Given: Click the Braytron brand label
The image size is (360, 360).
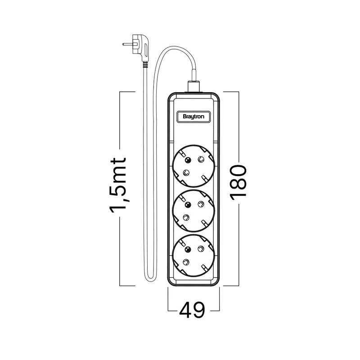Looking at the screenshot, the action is click(193, 117).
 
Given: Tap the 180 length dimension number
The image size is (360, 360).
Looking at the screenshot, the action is click(238, 182).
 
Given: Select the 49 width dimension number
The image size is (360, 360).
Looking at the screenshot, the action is click(192, 310).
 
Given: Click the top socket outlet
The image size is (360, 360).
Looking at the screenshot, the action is click(193, 166).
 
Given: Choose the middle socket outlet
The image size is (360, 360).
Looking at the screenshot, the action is click(193, 211).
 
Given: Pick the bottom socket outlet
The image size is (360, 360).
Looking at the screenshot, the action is click(193, 256).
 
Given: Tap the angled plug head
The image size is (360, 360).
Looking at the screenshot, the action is click(140, 48).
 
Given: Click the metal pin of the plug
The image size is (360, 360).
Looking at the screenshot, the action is click(127, 44).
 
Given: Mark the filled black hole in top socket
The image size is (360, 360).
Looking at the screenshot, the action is click(188, 160).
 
